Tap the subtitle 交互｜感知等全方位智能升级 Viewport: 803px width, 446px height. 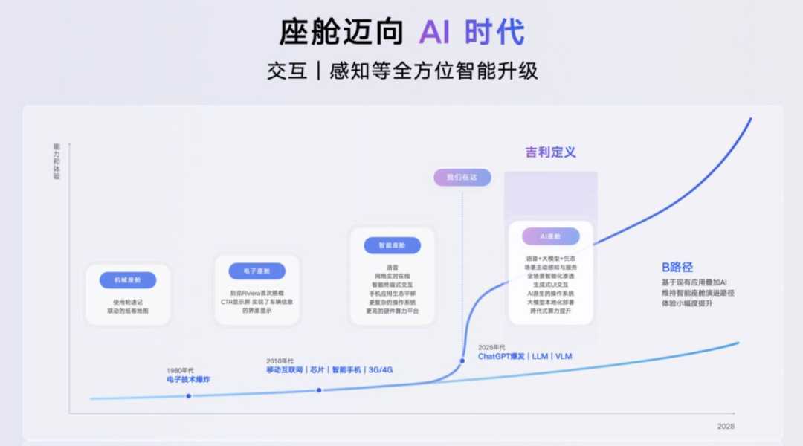402,71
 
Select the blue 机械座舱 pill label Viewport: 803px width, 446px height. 128,280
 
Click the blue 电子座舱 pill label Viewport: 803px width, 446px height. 257,271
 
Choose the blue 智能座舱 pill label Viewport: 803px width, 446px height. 392,245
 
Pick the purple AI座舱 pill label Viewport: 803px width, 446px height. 551,236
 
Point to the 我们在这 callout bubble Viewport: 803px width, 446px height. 462,177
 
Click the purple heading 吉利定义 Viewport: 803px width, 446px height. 550,152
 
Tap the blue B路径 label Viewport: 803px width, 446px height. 677,267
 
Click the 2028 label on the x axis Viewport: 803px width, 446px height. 726,426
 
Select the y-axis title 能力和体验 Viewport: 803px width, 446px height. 57,162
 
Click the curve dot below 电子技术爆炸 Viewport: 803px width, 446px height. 189,395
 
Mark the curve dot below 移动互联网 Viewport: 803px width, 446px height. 319,390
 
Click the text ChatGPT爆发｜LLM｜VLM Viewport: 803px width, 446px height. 525,357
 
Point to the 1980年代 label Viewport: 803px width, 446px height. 181,370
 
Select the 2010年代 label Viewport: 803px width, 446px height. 280,361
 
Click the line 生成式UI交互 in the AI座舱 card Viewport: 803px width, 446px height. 550,284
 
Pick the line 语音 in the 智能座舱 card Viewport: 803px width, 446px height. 392,267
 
